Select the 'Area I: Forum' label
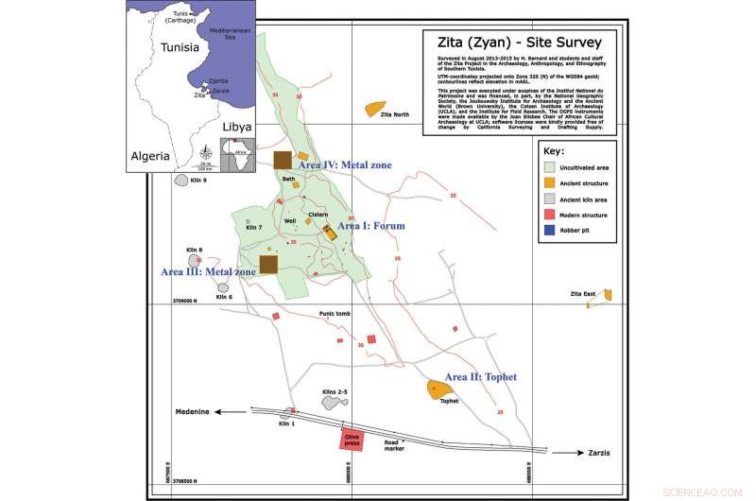coord(371,227)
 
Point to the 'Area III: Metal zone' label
coord(208,272)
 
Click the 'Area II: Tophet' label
coord(480,376)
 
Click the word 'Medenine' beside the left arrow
coord(194,411)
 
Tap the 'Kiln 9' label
coord(198,181)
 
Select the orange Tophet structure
coord(437,389)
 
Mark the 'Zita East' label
coord(586,295)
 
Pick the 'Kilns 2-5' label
coord(335,391)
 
